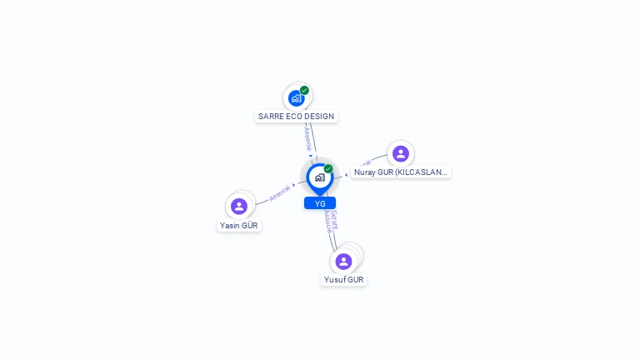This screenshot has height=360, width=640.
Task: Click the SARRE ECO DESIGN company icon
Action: point(296,98)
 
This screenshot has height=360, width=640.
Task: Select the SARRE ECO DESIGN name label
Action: point(297,117)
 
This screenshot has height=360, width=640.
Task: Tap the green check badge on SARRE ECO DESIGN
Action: point(304,90)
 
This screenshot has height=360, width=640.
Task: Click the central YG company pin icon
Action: point(319,177)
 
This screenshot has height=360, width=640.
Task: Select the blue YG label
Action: point(320,203)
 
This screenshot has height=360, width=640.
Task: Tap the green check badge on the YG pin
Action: point(328,168)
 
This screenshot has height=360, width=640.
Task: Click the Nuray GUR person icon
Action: point(400,153)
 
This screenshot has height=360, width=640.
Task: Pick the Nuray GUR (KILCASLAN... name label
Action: point(400,172)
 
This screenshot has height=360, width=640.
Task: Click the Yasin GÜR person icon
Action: point(239,206)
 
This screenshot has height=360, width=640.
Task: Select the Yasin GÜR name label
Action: point(239,225)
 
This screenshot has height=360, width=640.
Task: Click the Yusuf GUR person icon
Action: point(343,261)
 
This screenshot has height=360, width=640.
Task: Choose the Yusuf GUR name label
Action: point(344,280)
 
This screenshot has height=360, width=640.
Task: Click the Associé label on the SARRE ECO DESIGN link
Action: point(307,137)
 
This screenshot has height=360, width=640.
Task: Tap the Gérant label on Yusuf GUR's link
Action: point(334,219)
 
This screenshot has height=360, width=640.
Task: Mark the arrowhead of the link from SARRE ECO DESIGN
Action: point(311,156)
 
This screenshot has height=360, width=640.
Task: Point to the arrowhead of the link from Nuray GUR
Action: point(347,174)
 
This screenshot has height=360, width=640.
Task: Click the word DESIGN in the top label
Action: point(321,117)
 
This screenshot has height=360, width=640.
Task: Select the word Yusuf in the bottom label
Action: point(335,280)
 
